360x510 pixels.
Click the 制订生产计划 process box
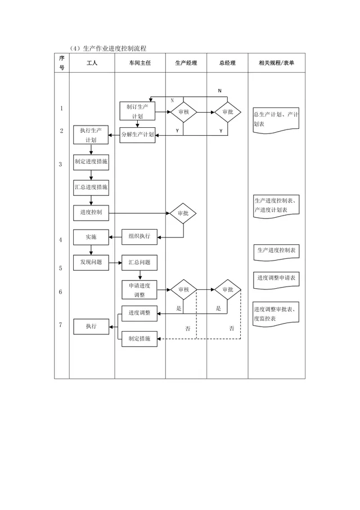(137, 111)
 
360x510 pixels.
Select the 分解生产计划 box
(137, 135)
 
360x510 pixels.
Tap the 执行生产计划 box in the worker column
(91, 135)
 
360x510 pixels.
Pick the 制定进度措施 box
(91, 162)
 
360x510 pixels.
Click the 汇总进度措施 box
(91, 187)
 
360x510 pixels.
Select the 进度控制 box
(91, 213)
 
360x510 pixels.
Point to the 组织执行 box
(139, 237)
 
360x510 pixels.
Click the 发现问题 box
(91, 262)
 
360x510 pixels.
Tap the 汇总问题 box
(139, 262)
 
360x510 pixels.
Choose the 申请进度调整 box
(139, 290)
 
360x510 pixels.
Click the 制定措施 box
(139, 339)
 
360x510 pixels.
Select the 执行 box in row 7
(91, 326)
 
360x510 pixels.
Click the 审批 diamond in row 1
(227, 112)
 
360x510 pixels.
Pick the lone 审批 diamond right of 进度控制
(183, 213)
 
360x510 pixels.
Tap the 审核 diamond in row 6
(183, 289)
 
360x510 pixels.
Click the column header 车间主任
(140, 63)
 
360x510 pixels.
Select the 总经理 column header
(227, 63)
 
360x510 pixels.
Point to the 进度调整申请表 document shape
(276, 279)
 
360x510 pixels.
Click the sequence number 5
(60, 269)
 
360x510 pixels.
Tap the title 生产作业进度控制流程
(115, 48)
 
